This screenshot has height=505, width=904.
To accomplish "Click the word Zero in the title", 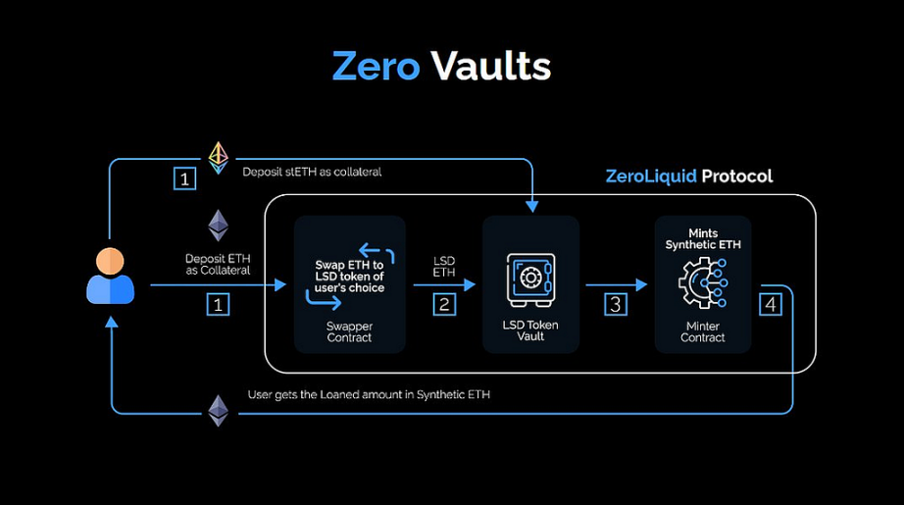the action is pos(376,67).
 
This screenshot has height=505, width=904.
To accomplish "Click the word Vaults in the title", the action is pos(491,66).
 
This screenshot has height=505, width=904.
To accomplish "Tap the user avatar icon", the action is pos(110,276).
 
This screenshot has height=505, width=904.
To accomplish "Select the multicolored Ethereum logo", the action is pos(218,158).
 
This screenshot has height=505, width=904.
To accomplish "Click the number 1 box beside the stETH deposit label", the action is pos(184,178).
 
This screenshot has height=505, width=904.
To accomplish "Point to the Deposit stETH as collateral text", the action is pos(312,172).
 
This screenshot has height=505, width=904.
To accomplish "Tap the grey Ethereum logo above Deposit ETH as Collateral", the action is pos(218,226).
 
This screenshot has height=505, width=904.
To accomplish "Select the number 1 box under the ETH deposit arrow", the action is pos(218,304).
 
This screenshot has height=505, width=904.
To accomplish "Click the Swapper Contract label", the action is pos(349,332).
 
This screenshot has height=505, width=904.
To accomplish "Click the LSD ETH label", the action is pos(444,267).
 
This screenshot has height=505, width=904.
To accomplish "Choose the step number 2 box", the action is pos(444,304).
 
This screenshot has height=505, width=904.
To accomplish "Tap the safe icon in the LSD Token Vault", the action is pos(530,279).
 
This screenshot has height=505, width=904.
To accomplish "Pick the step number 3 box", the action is pos(615,304).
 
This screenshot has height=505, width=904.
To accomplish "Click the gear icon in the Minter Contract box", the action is pos(703,283).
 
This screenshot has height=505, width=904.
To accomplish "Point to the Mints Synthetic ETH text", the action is pos(703,238).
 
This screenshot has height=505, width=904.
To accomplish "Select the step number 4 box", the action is pos(771,304).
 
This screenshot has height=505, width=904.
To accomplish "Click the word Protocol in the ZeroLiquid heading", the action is pos(736,176).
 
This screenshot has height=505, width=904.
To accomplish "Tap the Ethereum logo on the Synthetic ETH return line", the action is pos(218,411).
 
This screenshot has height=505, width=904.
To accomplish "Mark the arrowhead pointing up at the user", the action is pos(111,322).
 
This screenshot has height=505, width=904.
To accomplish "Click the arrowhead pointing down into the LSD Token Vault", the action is pos(531,206).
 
